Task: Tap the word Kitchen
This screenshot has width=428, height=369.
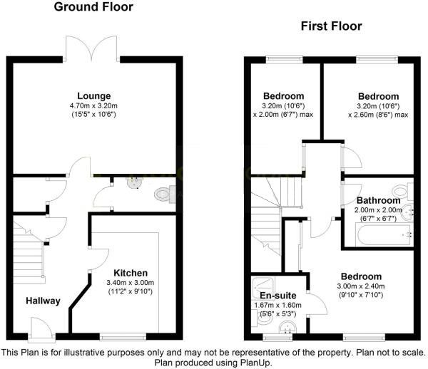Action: click(129, 273)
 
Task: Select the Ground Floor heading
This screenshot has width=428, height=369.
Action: click(93, 8)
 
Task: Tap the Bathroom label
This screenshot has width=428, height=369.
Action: click(379, 200)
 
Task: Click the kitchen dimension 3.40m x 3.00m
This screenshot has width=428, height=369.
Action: click(129, 282)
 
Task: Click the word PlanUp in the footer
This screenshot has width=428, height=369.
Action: click(256, 362)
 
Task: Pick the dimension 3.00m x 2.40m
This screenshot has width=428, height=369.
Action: click(360, 286)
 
